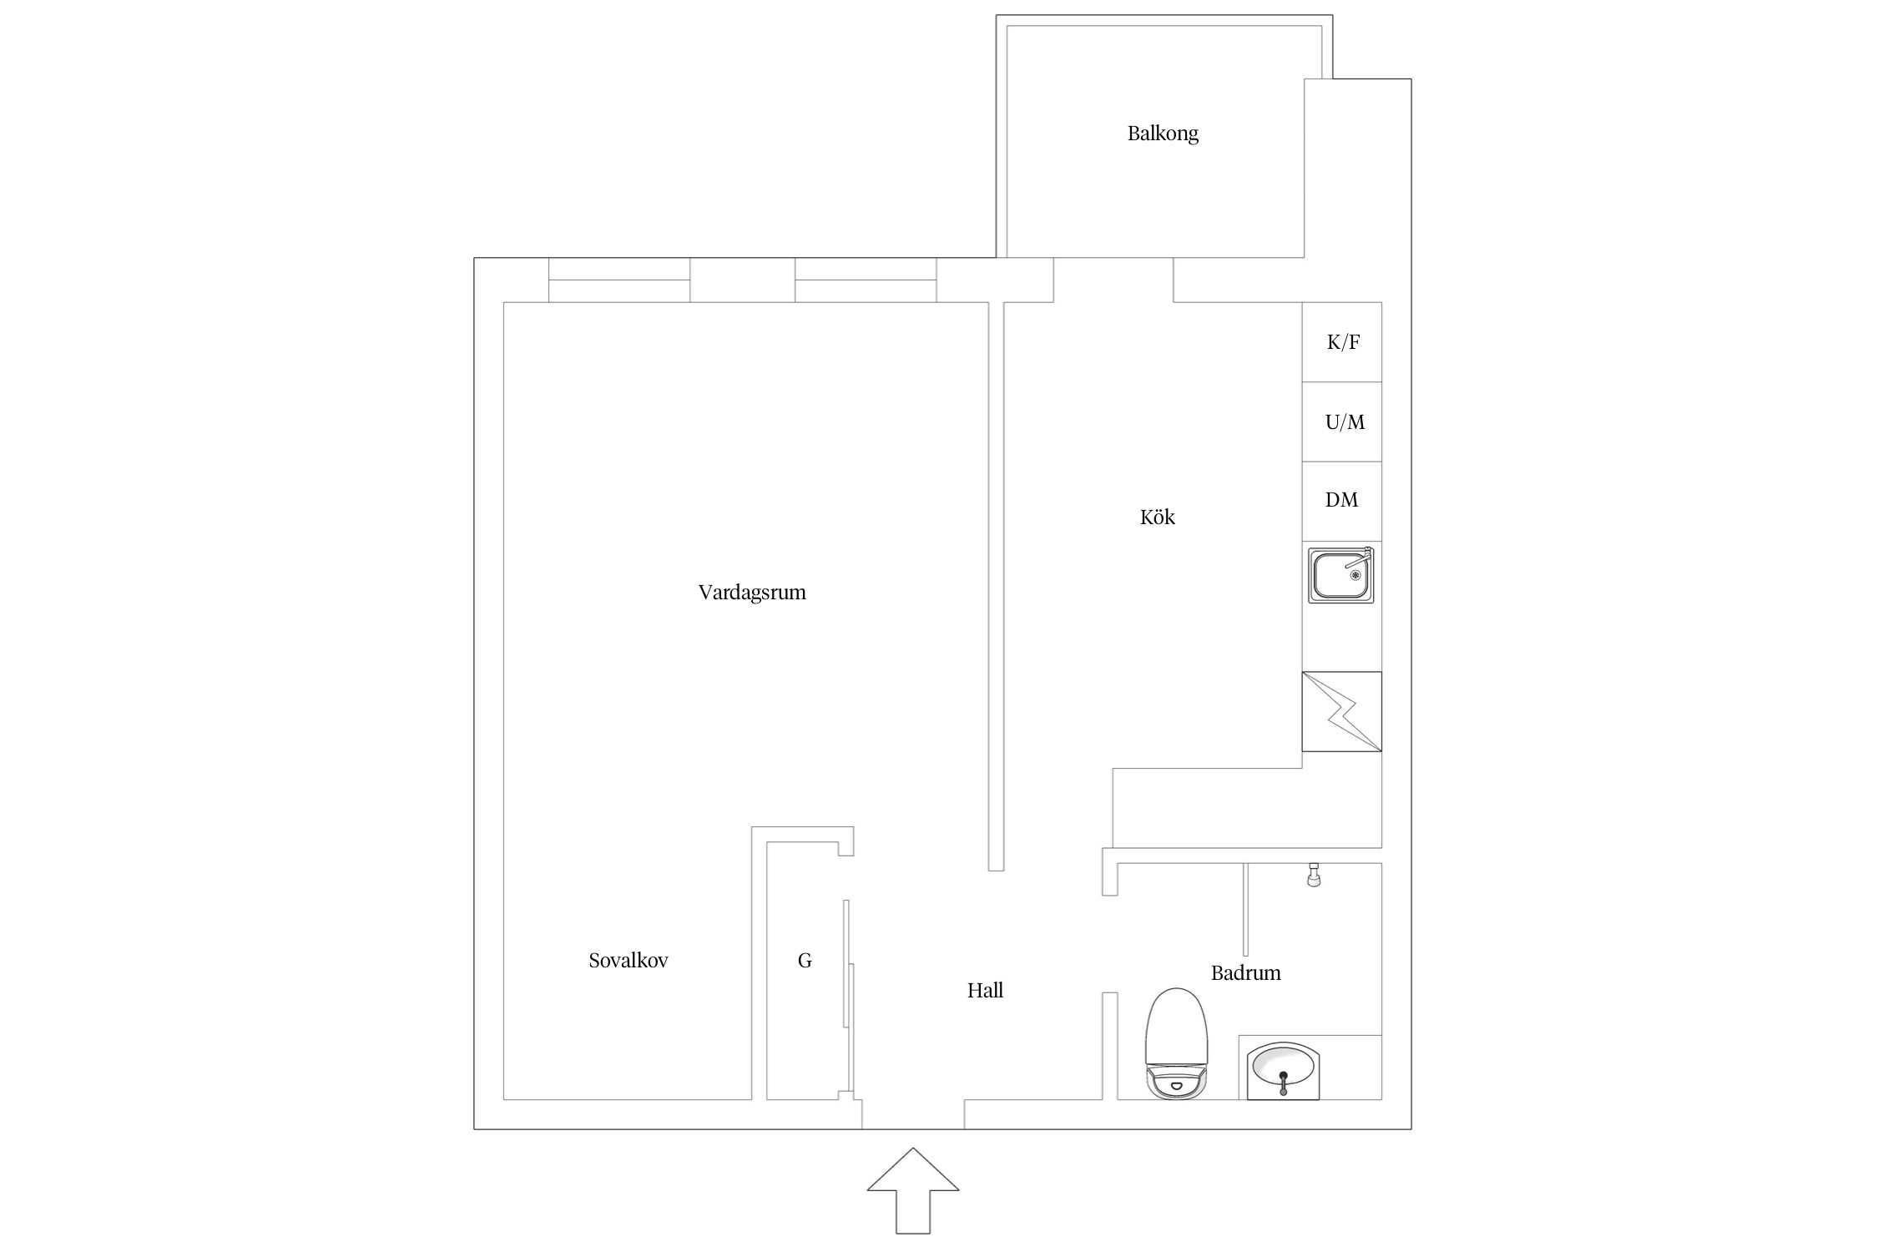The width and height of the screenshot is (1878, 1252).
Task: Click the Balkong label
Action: (x=1162, y=134)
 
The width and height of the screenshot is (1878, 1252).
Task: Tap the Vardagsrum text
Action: (x=751, y=593)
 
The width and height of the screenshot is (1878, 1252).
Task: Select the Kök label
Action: (x=1157, y=517)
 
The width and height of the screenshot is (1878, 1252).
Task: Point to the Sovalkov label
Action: (x=628, y=961)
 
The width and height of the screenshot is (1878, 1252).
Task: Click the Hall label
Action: (x=985, y=991)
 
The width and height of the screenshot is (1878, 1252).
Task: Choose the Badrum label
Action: (x=1245, y=972)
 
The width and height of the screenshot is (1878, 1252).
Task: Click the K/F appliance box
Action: (x=1341, y=342)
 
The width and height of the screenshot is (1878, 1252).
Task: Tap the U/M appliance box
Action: (x=1341, y=422)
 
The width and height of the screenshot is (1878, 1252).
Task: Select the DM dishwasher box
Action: (x=1341, y=501)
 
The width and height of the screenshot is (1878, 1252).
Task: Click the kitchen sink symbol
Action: (x=1340, y=575)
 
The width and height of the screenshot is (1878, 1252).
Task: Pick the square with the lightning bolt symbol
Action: (x=1341, y=711)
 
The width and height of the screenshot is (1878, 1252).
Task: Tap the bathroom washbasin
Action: (x=1283, y=1070)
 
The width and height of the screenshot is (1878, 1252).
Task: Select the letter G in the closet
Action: (x=805, y=961)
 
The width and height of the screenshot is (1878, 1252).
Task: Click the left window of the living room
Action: (x=619, y=280)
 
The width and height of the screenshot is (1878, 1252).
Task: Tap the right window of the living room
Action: (x=866, y=280)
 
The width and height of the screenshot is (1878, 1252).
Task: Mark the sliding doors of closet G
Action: (x=849, y=993)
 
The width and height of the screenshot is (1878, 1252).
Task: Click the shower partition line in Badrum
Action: (x=1245, y=910)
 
